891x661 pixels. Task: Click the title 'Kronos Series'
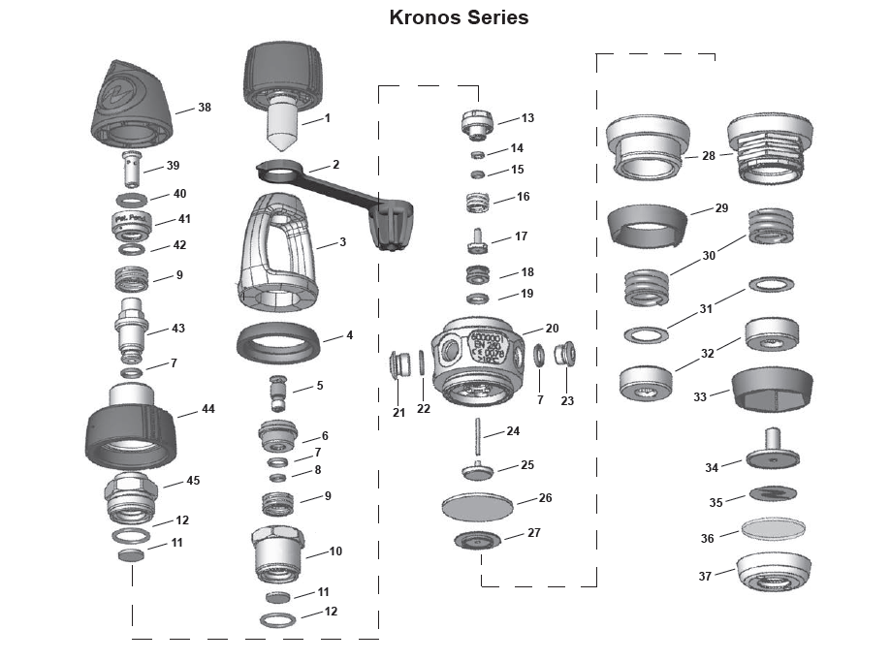pos(459,17)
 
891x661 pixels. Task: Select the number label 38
pos(205,108)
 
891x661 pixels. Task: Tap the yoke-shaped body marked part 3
pos(274,247)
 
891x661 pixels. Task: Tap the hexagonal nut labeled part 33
pos(773,390)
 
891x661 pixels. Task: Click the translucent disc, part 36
pos(773,529)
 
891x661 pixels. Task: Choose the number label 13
pos(527,118)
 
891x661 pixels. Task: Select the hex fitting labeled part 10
pos(277,554)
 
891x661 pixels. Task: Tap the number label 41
pos(184,219)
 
